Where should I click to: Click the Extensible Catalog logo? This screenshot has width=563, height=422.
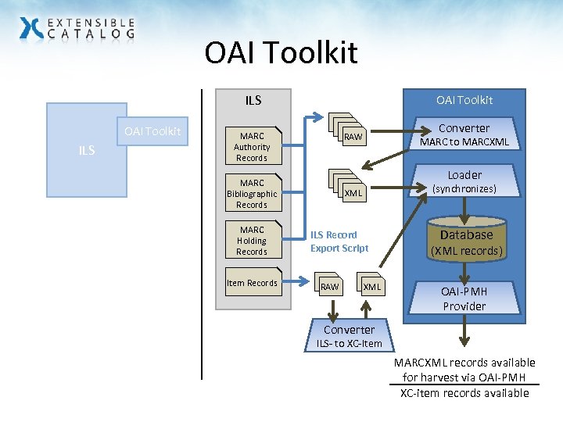click(x=77, y=29)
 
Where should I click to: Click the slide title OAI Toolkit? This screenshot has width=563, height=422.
click(x=281, y=53)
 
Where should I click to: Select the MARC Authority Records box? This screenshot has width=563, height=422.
click(x=252, y=147)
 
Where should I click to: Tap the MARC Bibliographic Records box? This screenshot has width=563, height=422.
click(x=252, y=194)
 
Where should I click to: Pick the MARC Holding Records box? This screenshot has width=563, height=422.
click(x=252, y=241)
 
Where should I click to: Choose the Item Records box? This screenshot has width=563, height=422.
click(x=252, y=283)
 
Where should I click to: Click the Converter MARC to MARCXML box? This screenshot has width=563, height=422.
click(x=464, y=134)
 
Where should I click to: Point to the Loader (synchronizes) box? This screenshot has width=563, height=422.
click(x=464, y=181)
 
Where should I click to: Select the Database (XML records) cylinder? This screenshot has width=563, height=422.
click(x=466, y=241)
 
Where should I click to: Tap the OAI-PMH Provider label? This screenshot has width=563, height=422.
click(x=464, y=299)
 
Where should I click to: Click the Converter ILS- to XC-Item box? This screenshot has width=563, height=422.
click(x=349, y=336)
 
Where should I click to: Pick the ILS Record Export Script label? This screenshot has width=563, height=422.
click(x=339, y=241)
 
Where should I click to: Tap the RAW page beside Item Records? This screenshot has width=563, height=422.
click(x=330, y=286)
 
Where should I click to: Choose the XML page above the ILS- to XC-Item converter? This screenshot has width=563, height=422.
click(x=371, y=286)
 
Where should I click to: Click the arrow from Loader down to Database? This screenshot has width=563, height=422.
click(x=465, y=209)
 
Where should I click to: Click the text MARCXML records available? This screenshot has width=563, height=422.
click(x=464, y=363)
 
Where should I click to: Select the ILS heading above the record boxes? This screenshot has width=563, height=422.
click(x=253, y=100)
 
